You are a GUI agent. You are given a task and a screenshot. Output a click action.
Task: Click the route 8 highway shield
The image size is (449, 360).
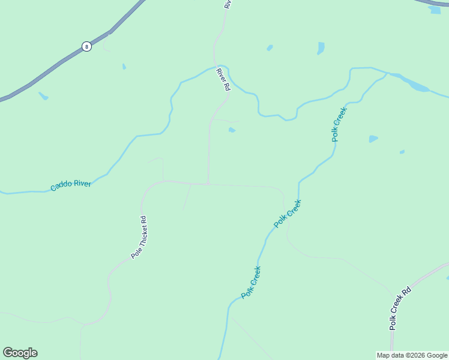point(86,46)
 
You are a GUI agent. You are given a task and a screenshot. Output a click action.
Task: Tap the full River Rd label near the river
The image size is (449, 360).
point(223,79)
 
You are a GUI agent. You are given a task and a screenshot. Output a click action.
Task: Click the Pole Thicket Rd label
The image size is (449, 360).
point(139,237)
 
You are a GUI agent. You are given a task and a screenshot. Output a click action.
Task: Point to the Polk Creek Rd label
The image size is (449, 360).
point(400,308)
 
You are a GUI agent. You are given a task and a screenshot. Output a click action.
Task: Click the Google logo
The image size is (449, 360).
point(20,353)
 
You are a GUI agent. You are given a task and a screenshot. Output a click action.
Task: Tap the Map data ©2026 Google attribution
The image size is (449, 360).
point(412,355)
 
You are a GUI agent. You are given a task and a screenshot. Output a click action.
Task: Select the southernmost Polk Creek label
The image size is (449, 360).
point(251,283)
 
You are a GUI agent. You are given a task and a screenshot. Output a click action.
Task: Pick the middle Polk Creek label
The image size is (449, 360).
point(288,214)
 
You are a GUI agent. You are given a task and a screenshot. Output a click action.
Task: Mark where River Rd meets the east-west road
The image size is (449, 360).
point(208,184)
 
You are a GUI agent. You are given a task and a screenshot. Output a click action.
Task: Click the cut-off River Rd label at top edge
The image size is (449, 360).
point(228,4)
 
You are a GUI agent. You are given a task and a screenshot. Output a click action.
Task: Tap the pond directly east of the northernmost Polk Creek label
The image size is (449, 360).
point(373,139)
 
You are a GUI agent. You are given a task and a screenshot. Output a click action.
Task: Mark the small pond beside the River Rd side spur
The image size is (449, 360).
point(232,130)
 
